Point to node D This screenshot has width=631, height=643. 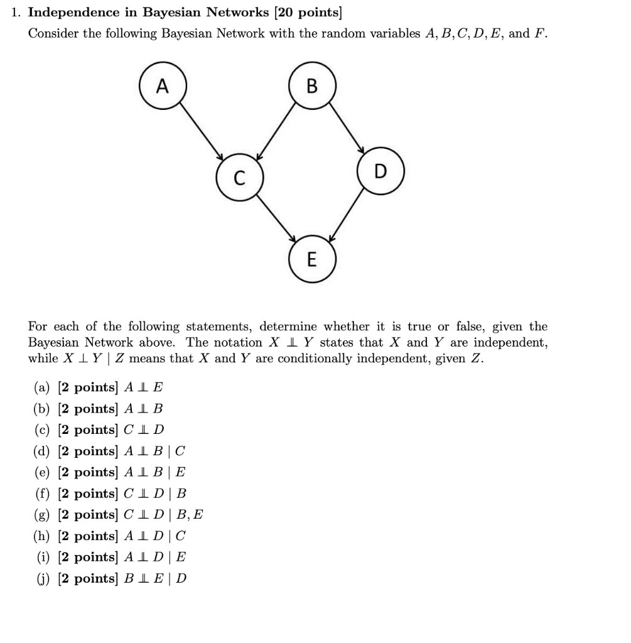[380, 171]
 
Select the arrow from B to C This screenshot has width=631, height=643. [276, 132]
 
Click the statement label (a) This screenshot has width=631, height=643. [42, 387]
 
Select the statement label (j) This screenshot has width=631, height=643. [42, 578]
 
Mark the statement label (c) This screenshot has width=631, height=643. [42, 430]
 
